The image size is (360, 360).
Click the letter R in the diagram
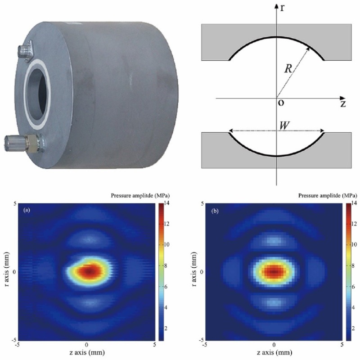pos(288,68)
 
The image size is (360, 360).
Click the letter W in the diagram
pos(284,126)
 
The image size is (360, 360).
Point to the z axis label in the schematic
pos(343,104)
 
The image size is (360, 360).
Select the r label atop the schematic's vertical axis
pos(283,8)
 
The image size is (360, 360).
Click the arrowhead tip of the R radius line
pos(309,48)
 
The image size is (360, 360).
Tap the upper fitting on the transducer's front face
pos(26,51)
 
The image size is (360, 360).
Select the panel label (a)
pos(27,210)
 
